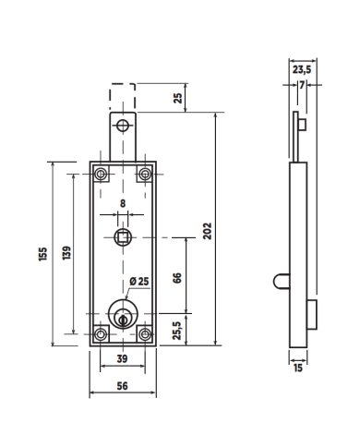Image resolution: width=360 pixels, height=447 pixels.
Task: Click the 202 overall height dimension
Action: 208,231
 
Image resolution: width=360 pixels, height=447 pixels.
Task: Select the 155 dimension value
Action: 43,254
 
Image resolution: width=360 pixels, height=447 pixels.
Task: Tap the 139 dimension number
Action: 66,253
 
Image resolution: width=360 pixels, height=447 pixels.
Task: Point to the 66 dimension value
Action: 177,278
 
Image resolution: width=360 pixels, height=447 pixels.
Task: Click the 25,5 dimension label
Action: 177,331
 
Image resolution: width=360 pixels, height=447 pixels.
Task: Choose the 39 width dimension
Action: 122,358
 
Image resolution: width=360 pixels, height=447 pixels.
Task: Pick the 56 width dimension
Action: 122,386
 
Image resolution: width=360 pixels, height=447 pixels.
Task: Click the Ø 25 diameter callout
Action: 139,281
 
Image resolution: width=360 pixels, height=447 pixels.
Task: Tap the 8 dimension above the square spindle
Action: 123,203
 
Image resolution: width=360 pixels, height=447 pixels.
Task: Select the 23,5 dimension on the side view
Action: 302,69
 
